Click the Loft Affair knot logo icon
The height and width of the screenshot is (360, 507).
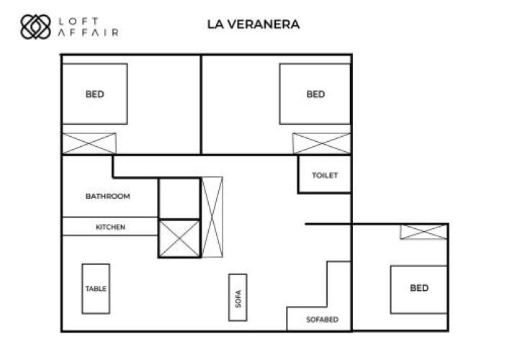pyautogui.click(x=35, y=27)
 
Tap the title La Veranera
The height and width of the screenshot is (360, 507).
pyautogui.click(x=253, y=24)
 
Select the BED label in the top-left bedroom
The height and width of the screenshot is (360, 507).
pyautogui.click(x=95, y=94)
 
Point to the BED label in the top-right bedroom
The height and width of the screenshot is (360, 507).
pyautogui.click(x=315, y=94)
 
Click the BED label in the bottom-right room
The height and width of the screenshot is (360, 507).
pyautogui.click(x=419, y=288)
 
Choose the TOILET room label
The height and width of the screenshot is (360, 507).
pyautogui.click(x=325, y=175)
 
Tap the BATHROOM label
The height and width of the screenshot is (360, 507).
pyautogui.click(x=108, y=196)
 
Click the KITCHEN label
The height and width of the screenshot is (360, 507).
pyautogui.click(x=110, y=227)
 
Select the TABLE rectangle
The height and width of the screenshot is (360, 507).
pyautogui.click(x=96, y=289)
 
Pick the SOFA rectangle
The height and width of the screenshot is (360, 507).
pyautogui.click(x=238, y=297)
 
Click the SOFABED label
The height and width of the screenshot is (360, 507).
pyautogui.click(x=323, y=320)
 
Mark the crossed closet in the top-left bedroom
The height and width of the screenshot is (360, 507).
pyautogui.click(x=89, y=143)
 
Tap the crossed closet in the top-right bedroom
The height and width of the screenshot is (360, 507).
pyautogui.click(x=321, y=143)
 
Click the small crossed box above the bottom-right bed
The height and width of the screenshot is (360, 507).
pyautogui.click(x=423, y=232)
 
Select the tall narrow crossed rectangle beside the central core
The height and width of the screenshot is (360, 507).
pyautogui.click(x=212, y=217)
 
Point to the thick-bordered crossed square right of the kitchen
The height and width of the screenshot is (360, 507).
pyautogui.click(x=179, y=238)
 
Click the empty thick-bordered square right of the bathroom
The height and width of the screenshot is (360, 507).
pyautogui.click(x=179, y=199)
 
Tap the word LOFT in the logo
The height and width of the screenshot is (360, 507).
pyautogui.click(x=78, y=22)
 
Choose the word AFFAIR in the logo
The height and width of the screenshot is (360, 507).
pyautogui.click(x=88, y=32)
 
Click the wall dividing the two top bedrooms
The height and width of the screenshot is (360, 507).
pyautogui.click(x=201, y=104)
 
